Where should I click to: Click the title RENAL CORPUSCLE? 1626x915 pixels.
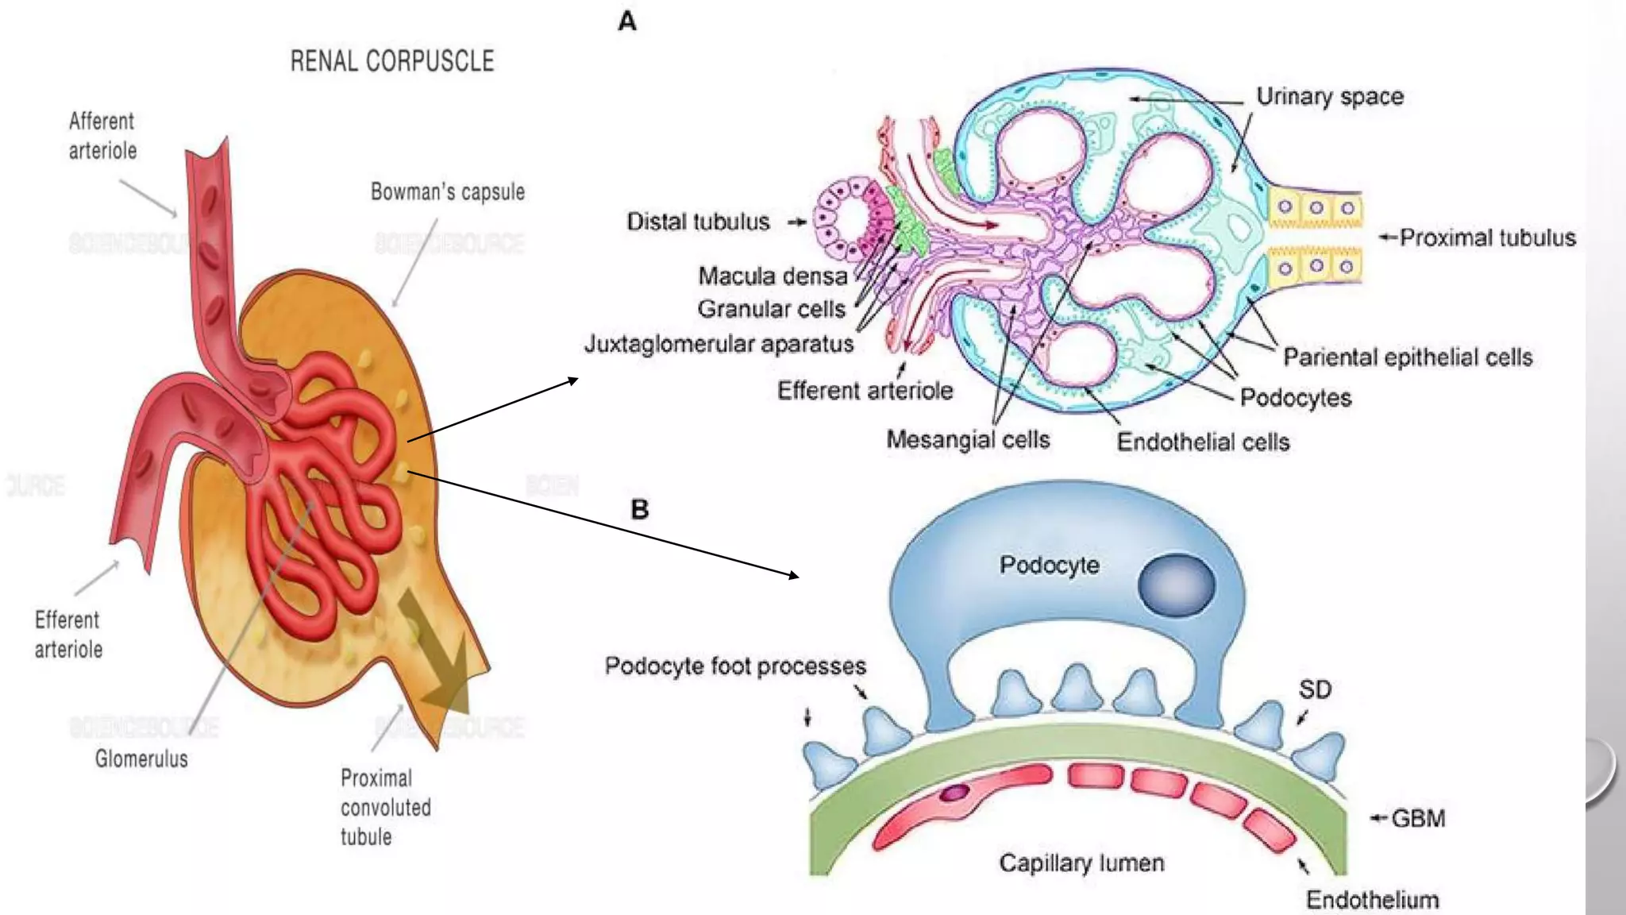391,61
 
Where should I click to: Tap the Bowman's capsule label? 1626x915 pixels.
447,191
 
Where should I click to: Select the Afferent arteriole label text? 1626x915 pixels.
102,136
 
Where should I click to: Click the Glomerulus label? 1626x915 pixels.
141,759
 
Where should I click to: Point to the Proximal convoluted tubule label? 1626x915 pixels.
385,807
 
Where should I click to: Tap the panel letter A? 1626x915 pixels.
627,21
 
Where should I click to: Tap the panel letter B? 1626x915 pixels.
639,509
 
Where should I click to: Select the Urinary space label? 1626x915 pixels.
1329,97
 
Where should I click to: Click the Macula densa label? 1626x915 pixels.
773,276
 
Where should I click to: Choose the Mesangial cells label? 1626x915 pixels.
968,439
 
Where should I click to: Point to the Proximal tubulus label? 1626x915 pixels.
1487,237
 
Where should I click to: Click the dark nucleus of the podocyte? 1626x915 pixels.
1176,584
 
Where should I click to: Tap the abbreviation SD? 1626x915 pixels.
1315,689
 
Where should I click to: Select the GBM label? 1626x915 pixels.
1418,818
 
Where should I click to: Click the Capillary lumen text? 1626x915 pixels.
1081,863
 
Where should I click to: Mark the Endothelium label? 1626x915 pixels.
1372,900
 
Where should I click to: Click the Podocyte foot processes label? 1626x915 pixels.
734,666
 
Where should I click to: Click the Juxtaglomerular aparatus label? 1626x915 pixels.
719,344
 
